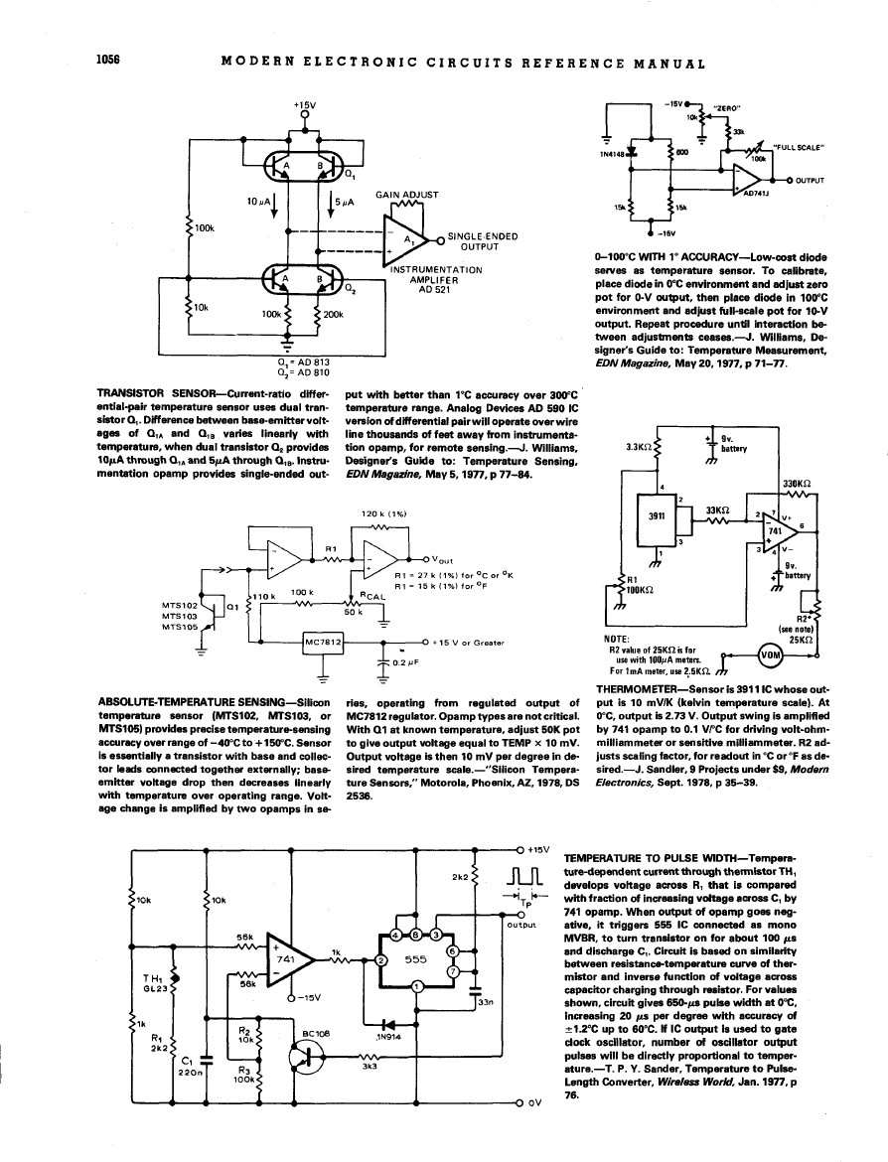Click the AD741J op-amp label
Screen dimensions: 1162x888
[x=757, y=195]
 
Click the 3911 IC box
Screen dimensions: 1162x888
[x=657, y=516]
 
